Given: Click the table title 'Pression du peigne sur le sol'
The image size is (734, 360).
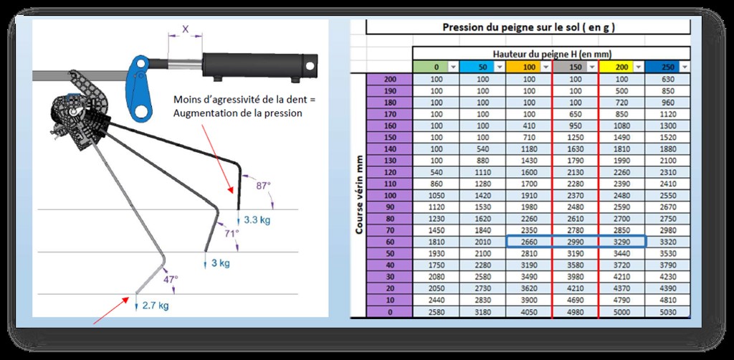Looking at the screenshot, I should pyautogui.click(x=528, y=27).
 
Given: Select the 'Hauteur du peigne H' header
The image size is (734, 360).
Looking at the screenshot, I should pyautogui.click(x=552, y=54).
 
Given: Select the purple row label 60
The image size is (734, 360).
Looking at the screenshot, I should pyautogui.click(x=390, y=243).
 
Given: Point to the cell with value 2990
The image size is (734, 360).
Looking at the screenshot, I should pyautogui.click(x=575, y=243).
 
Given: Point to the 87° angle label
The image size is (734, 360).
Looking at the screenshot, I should pyautogui.click(x=264, y=185).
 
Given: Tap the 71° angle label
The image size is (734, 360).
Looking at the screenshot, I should pyautogui.click(x=231, y=233).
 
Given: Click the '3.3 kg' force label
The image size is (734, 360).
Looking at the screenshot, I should pyautogui.click(x=257, y=219).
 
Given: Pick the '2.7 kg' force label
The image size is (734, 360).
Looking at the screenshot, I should pyautogui.click(x=156, y=305).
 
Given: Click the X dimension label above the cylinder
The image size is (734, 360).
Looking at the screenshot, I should pyautogui.click(x=186, y=30).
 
